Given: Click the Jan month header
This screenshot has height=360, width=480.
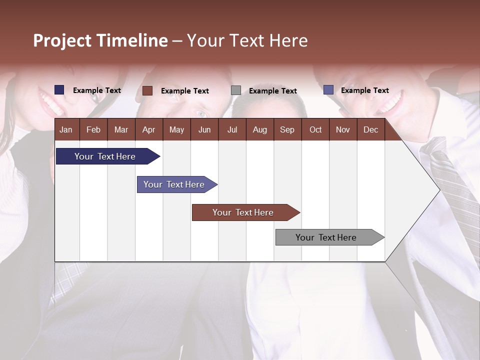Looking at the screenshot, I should point(66,129).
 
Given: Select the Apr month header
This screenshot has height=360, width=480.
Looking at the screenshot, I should point(148,129).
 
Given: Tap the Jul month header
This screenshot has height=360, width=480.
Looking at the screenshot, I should point(232,129).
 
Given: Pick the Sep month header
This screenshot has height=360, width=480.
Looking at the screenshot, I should point(287,129).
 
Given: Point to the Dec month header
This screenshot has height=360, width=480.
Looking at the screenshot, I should point(370,129).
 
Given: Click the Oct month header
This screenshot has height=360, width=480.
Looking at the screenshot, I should point(315,129).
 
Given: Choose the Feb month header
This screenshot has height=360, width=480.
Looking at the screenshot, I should point(93,129).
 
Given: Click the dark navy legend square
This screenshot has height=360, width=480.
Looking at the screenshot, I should point(59,90).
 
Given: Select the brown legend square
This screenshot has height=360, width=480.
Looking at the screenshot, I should point(147,90).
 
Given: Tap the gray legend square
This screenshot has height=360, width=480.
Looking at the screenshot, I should point(236,90).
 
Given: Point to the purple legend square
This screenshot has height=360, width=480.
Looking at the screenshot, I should point(328,90).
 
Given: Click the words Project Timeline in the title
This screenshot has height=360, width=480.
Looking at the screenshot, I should point(100,40).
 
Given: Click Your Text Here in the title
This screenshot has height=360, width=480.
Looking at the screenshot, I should point(247,40).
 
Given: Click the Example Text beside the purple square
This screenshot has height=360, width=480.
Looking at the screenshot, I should point(364,90).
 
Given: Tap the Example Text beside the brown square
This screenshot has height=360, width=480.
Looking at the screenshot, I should point(184,91).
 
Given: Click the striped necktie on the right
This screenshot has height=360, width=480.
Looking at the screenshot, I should point(452,185).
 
